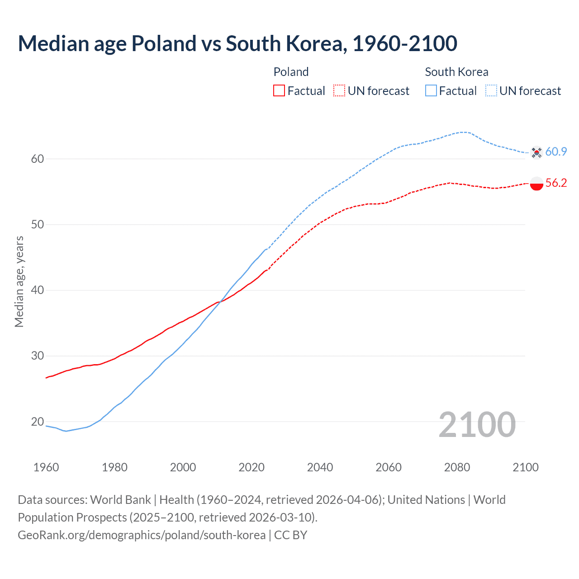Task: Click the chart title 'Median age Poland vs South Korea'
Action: pos(237,43)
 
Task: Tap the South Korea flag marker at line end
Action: pos(536,152)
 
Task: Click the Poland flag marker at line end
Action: pos(536,184)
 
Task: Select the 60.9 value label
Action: pos(556,152)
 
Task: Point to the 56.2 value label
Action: pos(556,183)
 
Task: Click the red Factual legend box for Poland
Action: pos(279,91)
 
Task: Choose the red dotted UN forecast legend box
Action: pos(339,91)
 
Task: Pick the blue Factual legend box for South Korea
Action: pos(431,91)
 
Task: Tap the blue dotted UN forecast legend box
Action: pos(491,91)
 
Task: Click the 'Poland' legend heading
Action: pos(291,72)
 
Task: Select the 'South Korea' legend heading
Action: pos(456,72)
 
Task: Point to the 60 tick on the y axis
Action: pos(38,159)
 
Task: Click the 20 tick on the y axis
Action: pos(38,422)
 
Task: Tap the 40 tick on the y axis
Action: pos(38,290)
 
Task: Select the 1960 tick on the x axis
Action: pos(46,467)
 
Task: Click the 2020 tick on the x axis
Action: pos(252,467)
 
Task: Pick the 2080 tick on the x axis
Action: pos(457,467)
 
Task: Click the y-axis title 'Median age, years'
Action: pos(19,281)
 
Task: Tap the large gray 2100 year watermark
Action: pos(477,424)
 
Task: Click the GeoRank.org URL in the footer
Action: pos(142,535)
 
